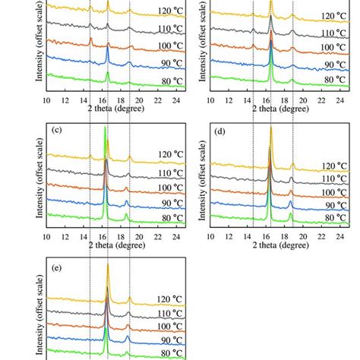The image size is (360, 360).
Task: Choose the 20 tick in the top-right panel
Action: (x=304, y=98)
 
